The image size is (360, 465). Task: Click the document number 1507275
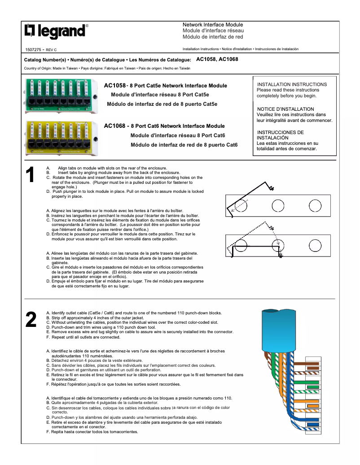[33, 49]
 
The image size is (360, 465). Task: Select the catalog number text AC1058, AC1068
[217, 59]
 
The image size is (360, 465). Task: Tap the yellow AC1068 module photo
[62, 137]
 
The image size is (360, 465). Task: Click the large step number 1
[30, 175]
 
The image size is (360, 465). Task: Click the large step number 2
[31, 320]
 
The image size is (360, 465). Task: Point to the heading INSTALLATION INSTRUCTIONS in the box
[292, 84]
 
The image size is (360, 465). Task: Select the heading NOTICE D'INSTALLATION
[285, 109]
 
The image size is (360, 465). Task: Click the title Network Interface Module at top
[213, 25]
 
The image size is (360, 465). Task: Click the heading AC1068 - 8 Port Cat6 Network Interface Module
[164, 126]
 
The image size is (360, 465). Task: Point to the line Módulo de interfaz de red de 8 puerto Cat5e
[162, 104]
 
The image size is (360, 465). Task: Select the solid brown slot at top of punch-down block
[313, 364]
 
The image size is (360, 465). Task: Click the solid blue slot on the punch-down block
[313, 424]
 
